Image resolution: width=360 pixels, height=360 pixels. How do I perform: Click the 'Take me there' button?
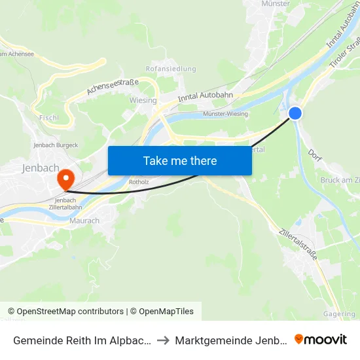click(x=179, y=160)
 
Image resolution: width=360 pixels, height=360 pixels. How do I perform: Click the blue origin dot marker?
click(x=295, y=113)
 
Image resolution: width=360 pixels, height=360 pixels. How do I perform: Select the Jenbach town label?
click(x=41, y=168)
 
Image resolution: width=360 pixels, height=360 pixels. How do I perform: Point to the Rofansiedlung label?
click(x=171, y=68)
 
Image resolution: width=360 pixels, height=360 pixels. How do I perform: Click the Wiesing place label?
click(x=143, y=101)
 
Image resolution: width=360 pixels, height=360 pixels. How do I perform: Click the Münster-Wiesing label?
click(x=225, y=114)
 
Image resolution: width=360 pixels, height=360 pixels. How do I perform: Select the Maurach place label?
click(x=84, y=221)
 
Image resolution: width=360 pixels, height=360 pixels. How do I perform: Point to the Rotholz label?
click(x=140, y=182)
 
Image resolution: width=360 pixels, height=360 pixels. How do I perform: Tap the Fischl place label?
click(x=49, y=118)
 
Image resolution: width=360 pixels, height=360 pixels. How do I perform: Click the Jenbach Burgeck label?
click(x=55, y=145)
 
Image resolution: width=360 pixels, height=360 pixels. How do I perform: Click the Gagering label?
click(x=339, y=314)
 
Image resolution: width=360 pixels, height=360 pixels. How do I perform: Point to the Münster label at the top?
click(x=275, y=4)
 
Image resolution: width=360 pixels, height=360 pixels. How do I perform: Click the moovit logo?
click(x=321, y=339)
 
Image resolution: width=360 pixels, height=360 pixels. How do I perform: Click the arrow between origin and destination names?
click(x=164, y=340)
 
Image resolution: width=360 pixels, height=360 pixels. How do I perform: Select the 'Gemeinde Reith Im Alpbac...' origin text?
click(x=82, y=340)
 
